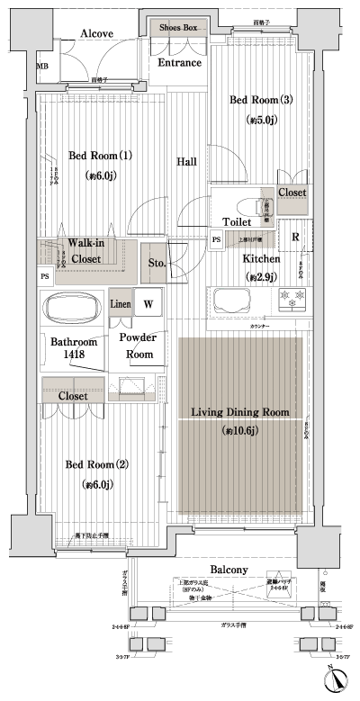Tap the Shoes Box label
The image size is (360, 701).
coord(178,28)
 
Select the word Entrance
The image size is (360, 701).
coord(179,63)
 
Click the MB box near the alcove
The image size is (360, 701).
coord(42,67)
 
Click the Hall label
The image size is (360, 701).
coord(186,162)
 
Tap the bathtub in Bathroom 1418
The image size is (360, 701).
coord(72,309)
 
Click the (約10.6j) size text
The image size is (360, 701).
coord(240,432)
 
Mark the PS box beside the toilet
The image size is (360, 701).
coord(216,239)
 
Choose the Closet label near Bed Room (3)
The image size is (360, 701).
coord(292,193)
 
